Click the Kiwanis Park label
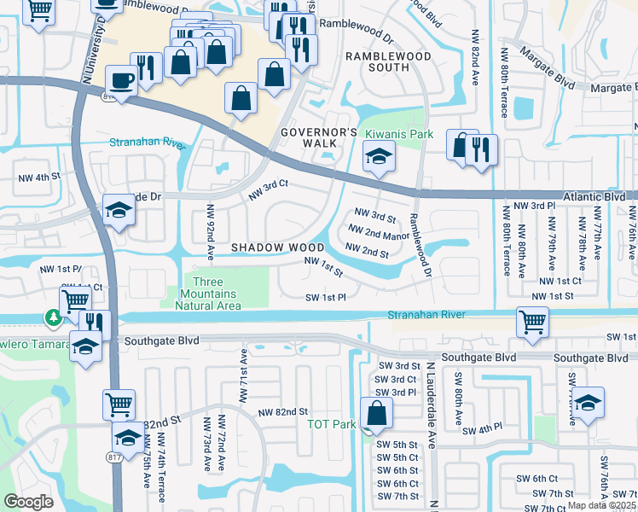click(x=399, y=134)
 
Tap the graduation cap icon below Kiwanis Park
click(x=376, y=157)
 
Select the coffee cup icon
click(x=120, y=82)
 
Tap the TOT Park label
click(x=331, y=424)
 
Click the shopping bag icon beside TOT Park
click(x=376, y=415)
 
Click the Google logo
click(x=28, y=502)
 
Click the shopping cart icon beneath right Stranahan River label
click(x=533, y=323)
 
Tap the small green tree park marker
click(x=53, y=318)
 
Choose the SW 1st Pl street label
click(x=325, y=297)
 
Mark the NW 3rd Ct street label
click(x=270, y=190)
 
